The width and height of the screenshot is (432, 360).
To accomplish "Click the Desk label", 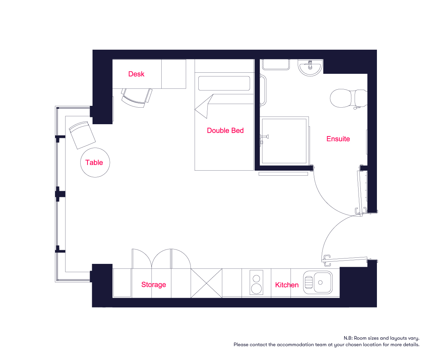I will coord(136,74).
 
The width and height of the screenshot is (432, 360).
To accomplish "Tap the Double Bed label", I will coord(225,130).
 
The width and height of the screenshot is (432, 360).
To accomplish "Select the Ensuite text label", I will coord(338,139).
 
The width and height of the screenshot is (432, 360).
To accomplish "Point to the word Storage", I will coord(153,285).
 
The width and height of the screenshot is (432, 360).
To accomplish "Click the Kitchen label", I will coord(287,285).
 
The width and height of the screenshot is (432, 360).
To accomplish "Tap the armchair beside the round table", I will coord(82,135).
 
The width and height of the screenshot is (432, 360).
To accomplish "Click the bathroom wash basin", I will coord(310,68).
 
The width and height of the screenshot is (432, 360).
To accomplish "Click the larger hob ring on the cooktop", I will coord(256,289).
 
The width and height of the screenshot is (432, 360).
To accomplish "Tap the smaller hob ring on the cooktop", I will coord(256,278).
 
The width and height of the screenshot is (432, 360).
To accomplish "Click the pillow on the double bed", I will coord(224,84).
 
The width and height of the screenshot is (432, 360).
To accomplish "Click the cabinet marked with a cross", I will coord(206,283).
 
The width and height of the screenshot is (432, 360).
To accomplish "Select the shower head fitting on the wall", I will coord(265,137).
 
